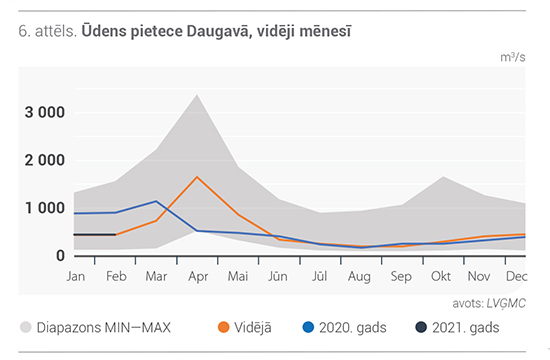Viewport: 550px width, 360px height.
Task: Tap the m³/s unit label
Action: [513, 57]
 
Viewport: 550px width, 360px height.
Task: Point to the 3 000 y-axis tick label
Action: [45, 113]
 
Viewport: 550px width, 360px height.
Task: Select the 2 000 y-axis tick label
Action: [45, 160]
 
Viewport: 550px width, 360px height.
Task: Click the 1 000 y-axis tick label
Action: [45, 208]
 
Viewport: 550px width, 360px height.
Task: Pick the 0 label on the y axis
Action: [60, 255]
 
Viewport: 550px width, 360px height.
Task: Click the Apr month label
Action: [198, 277]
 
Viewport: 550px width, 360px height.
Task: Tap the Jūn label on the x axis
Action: [278, 276]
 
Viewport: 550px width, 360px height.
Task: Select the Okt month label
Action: [441, 276]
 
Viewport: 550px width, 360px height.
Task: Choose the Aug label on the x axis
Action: [359, 277]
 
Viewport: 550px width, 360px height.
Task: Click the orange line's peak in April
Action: [197, 177]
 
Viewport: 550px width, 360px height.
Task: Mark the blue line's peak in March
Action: [156, 201]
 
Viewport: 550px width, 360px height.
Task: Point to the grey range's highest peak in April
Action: [197, 95]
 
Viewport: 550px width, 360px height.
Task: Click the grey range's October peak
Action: [443, 176]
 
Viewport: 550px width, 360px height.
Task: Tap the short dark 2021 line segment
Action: [95, 234]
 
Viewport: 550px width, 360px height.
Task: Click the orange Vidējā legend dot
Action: [223, 327]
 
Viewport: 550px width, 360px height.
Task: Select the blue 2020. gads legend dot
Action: [308, 327]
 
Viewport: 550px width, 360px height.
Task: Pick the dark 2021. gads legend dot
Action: [421, 327]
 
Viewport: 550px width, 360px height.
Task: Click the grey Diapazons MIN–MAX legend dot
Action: [26, 327]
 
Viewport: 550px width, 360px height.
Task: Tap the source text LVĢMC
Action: [506, 304]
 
